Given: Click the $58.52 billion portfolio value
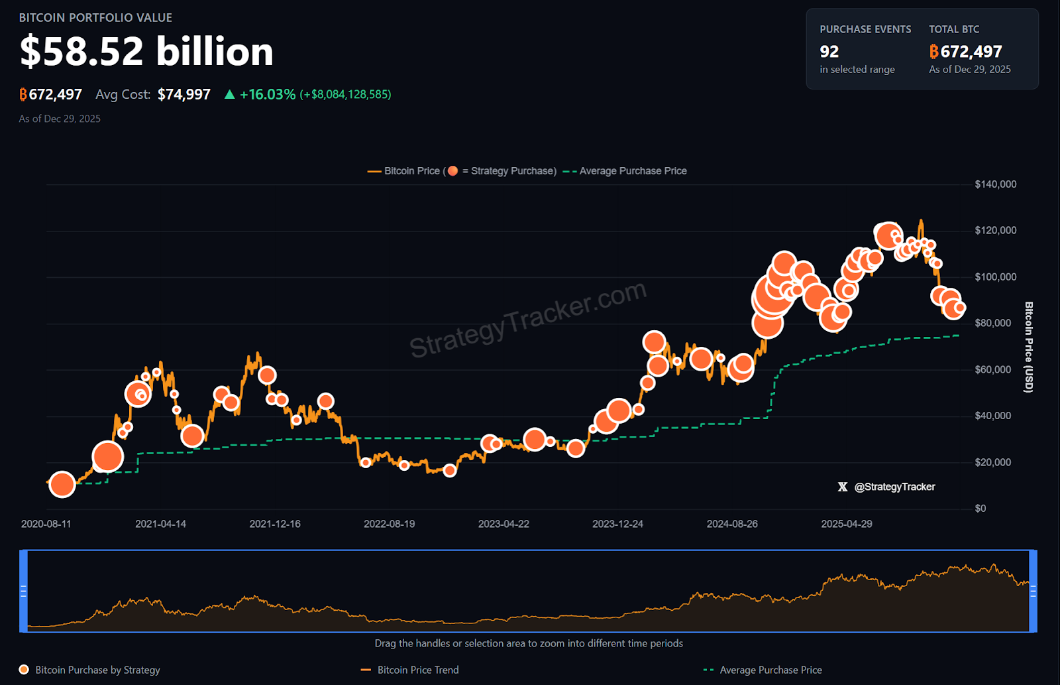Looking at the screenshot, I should (x=146, y=52).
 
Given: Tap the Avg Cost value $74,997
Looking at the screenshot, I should (x=184, y=94).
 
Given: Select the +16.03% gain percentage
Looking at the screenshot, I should (x=267, y=94).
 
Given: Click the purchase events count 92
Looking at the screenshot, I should (x=829, y=52).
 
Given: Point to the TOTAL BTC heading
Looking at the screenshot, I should (x=953, y=29).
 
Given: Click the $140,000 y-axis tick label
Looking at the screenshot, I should (x=995, y=184).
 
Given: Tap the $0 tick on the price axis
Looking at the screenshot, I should (x=980, y=509).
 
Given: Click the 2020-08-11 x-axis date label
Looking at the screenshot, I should (x=46, y=524).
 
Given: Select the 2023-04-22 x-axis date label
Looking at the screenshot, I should (x=503, y=524).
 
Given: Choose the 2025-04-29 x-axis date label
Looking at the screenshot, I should (x=846, y=524).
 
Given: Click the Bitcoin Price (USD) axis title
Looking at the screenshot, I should (x=1028, y=347).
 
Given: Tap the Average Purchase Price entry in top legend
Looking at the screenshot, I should (x=632, y=171).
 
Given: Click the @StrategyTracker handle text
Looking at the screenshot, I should (x=894, y=487).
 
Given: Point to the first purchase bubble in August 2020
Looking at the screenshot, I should (x=62, y=484).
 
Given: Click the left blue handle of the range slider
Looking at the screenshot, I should (x=24, y=591).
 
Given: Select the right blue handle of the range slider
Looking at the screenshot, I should (x=1033, y=591).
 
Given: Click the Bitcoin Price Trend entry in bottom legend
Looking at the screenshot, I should (x=417, y=670).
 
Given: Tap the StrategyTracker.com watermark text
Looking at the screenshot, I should (x=527, y=318).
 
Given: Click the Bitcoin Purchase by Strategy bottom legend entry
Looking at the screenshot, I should (x=97, y=670).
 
